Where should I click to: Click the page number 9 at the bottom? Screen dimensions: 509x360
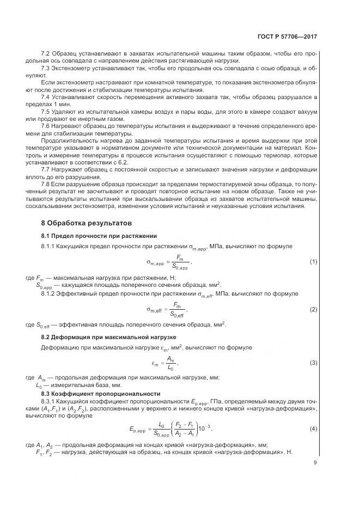click(315, 463)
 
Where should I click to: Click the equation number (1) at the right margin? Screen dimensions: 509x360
click(313, 261)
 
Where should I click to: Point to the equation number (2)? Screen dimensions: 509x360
click(313, 309)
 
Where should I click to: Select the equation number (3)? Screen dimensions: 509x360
click(313, 362)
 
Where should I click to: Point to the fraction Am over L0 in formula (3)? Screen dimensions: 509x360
click(170, 363)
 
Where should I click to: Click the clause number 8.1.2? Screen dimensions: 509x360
click(50, 293)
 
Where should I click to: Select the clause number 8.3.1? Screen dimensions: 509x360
click(50, 401)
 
